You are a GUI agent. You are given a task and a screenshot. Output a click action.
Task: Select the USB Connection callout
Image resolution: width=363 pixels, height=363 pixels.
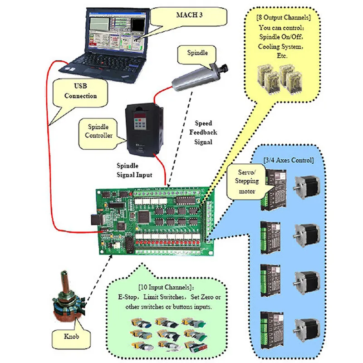click(80, 90)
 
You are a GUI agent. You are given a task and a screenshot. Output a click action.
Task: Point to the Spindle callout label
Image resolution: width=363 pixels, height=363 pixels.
click(198, 53)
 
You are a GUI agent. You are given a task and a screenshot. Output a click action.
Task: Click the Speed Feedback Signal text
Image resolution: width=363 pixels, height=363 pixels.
click(206, 132)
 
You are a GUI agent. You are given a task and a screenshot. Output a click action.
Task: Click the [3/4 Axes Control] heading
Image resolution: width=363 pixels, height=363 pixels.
click(288, 160)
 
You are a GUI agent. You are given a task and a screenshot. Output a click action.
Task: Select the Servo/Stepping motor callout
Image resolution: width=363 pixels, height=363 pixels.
click(248, 181)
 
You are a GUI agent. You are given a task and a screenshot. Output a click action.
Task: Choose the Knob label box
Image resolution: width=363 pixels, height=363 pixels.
click(73, 338)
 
